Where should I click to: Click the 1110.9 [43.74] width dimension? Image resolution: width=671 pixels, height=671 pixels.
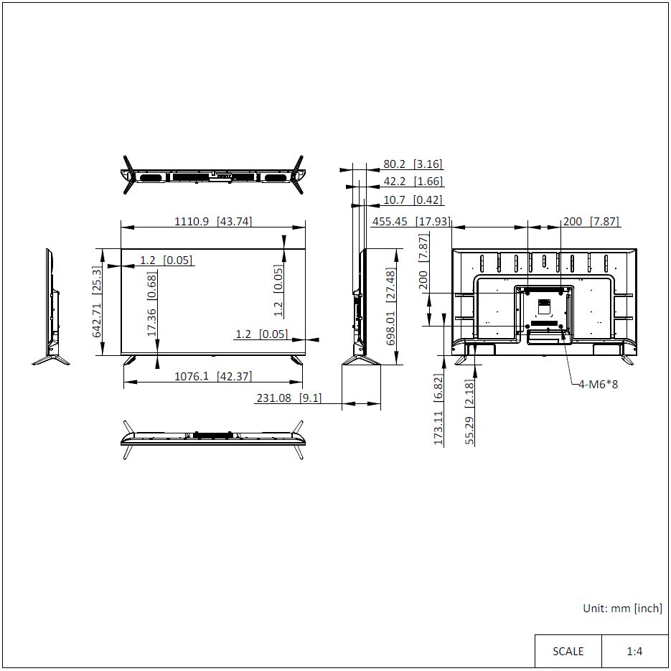coord(213,221)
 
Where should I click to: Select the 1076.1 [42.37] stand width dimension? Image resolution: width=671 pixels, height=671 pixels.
coord(213,376)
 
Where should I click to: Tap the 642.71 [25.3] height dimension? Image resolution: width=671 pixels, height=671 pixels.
coord(97,301)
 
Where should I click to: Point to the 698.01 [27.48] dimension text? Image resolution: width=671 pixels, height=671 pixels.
coord(390,306)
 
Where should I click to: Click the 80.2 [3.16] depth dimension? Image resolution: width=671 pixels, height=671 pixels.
coord(413,164)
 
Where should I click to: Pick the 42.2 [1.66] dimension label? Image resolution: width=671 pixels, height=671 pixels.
coord(413,182)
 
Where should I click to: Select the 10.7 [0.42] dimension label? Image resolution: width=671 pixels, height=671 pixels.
coord(413,200)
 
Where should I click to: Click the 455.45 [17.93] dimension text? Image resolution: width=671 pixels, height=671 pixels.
coord(411,221)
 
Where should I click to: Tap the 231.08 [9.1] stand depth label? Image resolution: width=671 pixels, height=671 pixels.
coord(289,398)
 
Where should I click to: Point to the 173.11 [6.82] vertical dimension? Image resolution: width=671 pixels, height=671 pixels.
coord(438,410)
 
